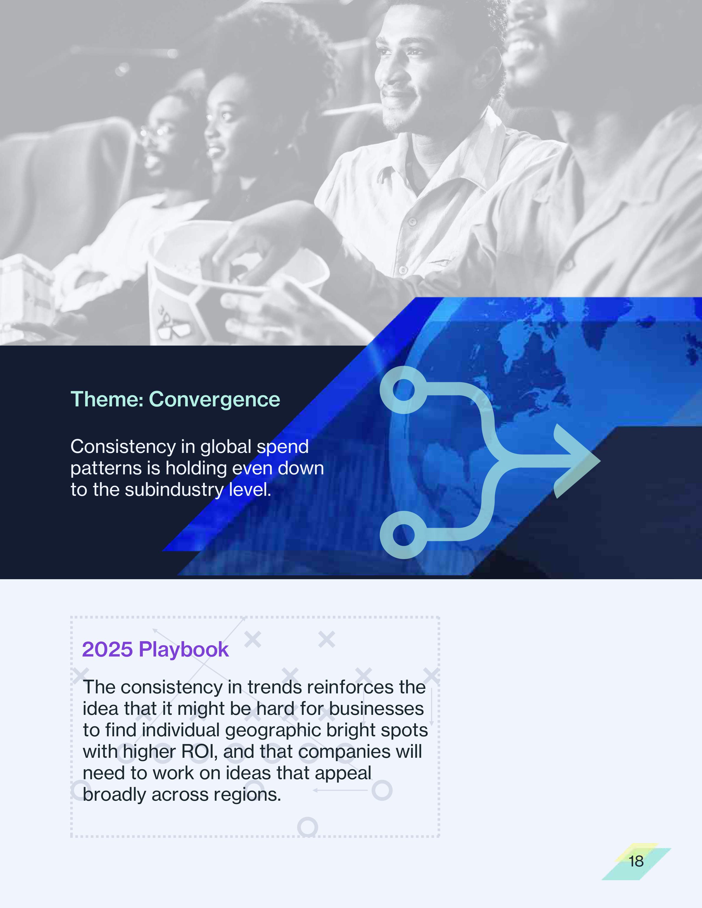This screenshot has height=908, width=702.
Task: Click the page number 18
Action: click(636, 861)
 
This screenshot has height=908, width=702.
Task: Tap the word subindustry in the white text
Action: click(174, 490)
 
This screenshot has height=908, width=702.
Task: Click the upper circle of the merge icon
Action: click(403, 390)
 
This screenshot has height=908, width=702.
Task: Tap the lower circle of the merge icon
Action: click(403, 535)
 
